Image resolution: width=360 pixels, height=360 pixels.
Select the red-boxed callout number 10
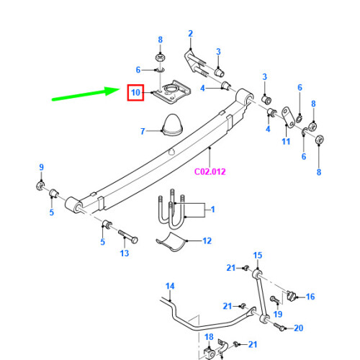point(134,92)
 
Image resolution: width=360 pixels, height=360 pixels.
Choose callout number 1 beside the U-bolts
point(212,210)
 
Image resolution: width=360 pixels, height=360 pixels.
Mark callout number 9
point(41,168)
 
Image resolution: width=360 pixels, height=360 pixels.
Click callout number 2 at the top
point(191,33)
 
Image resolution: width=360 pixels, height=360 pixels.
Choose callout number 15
point(258,255)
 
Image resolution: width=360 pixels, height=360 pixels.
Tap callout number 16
point(310,296)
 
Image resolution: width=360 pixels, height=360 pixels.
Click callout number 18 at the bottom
point(209,337)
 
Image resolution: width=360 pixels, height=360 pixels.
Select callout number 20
point(300,328)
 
